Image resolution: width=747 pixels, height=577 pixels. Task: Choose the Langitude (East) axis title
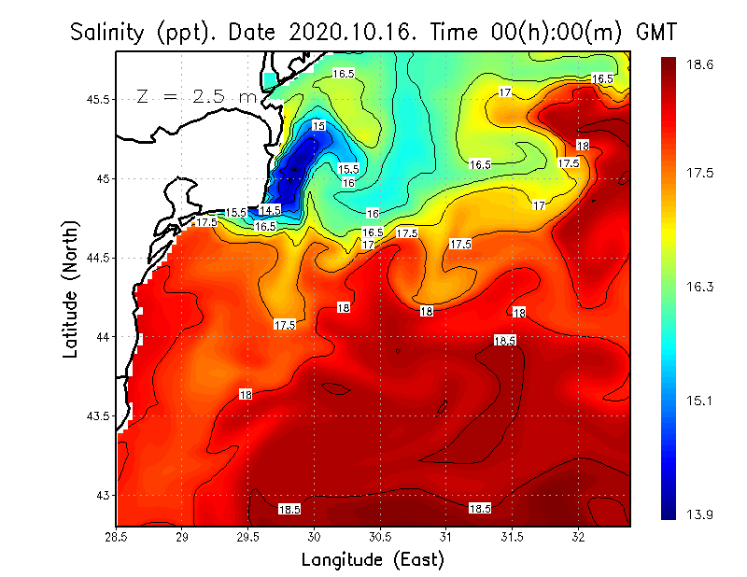point(373,560)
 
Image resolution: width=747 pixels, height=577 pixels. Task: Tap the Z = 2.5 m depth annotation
point(196,96)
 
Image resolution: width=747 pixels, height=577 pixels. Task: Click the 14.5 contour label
point(270,210)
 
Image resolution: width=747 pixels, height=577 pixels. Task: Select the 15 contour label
point(319,125)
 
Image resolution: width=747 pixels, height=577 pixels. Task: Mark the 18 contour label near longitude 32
point(583,146)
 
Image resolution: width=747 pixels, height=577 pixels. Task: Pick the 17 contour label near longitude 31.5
point(538,204)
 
